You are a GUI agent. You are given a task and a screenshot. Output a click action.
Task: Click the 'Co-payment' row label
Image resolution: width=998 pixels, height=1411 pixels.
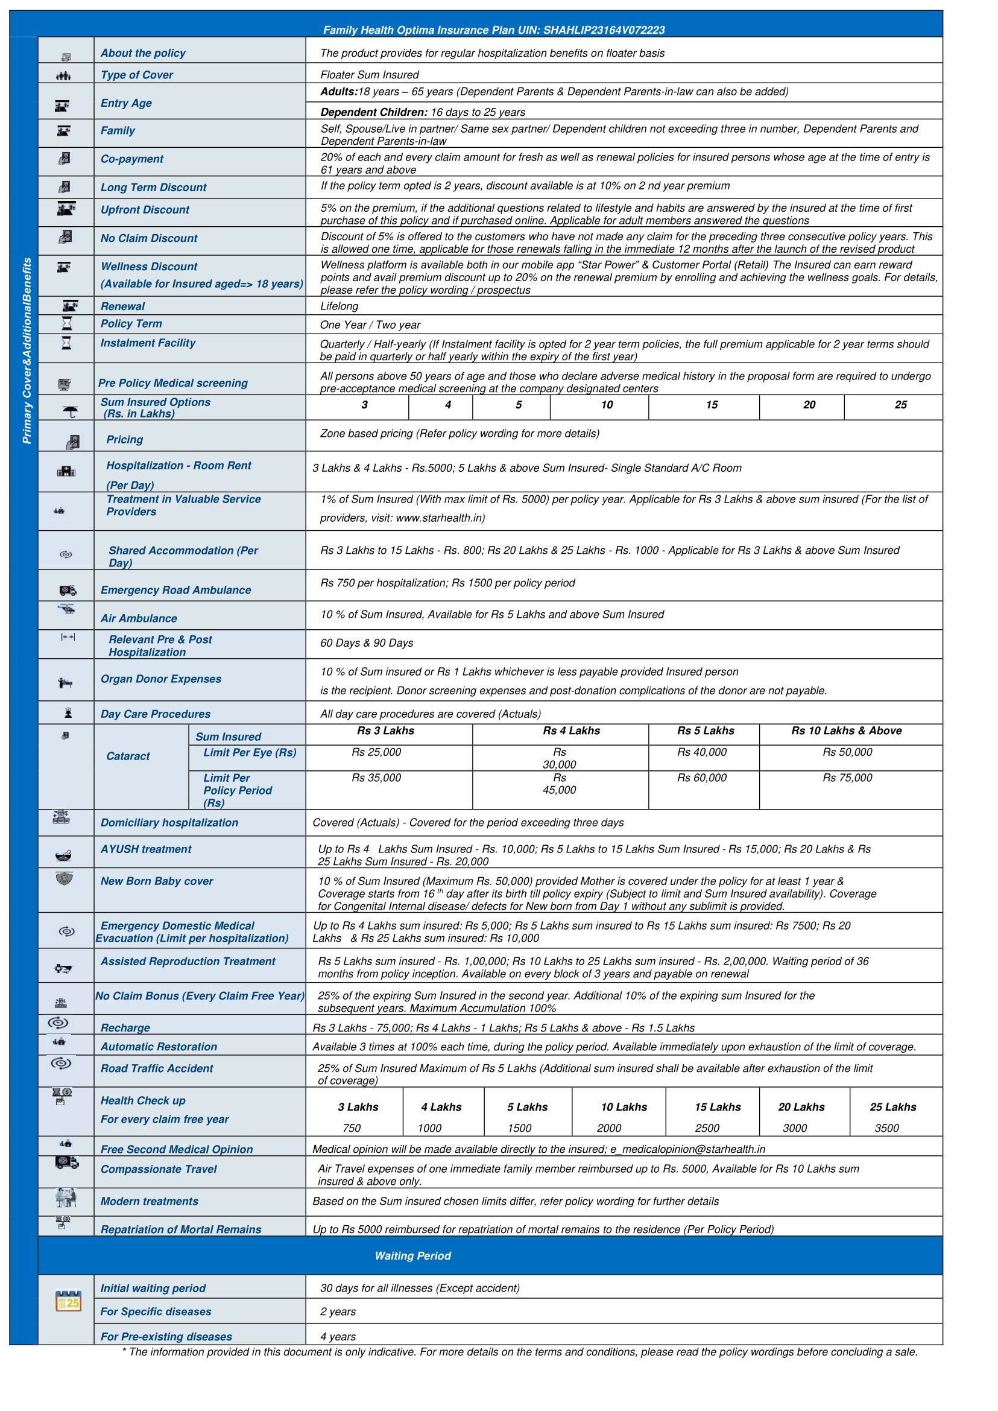(132, 159)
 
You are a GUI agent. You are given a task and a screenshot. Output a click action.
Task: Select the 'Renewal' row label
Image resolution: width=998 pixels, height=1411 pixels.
(123, 306)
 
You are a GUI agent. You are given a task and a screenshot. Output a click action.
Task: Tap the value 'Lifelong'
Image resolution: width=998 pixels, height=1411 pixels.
(340, 306)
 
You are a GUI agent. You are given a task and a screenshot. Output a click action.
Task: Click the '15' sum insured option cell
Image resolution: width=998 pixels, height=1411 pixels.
(712, 405)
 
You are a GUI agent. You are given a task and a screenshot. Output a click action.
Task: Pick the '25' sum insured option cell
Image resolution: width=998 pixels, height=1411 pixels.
(900, 405)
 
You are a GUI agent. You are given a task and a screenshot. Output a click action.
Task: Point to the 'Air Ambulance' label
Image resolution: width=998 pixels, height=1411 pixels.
(139, 618)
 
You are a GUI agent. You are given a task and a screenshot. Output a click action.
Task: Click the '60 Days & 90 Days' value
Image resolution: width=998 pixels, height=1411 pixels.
(367, 643)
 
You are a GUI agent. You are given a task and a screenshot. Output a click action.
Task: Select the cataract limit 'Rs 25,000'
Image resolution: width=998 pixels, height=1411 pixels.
(376, 752)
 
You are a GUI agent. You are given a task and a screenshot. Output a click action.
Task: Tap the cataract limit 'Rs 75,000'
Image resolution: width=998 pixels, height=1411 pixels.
(847, 778)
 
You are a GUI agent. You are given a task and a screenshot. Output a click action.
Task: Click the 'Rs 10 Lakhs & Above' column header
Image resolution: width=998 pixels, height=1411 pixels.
(846, 731)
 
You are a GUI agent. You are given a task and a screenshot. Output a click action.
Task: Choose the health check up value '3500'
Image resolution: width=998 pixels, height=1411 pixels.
(887, 1128)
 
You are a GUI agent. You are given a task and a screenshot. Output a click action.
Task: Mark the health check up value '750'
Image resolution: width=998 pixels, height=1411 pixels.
(352, 1128)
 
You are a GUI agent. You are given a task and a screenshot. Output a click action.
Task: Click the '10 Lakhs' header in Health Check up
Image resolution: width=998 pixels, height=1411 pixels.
(624, 1108)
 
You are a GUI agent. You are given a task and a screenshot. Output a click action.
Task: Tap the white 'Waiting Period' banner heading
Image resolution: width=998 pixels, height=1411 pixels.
(413, 1256)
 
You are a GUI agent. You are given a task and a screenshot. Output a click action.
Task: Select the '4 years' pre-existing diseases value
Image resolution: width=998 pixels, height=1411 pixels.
(338, 1337)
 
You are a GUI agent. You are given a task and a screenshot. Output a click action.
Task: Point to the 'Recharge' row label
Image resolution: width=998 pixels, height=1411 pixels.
(125, 1028)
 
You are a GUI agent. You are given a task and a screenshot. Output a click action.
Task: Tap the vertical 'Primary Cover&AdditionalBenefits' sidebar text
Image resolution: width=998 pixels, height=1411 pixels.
(27, 350)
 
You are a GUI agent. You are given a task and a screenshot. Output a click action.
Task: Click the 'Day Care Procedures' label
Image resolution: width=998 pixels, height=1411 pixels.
(156, 714)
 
